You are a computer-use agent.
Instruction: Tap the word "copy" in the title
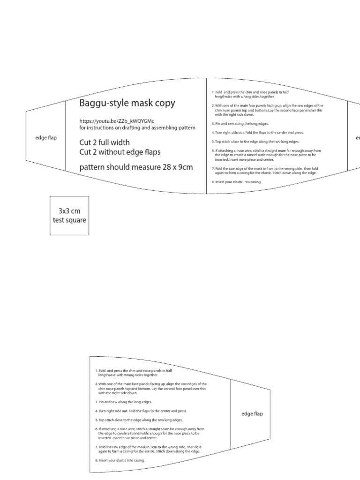[166, 104]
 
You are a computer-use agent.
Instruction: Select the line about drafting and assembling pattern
[137, 127]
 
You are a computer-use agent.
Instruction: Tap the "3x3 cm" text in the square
[69, 211]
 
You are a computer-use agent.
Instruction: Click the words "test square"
[69, 220]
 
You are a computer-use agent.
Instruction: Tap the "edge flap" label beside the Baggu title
[46, 138]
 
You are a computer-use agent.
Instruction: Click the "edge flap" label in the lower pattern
[252, 414]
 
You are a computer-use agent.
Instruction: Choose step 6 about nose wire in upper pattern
[267, 154]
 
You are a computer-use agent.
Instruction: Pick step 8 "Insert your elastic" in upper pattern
[237, 181]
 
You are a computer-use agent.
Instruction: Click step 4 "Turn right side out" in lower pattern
[141, 411]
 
